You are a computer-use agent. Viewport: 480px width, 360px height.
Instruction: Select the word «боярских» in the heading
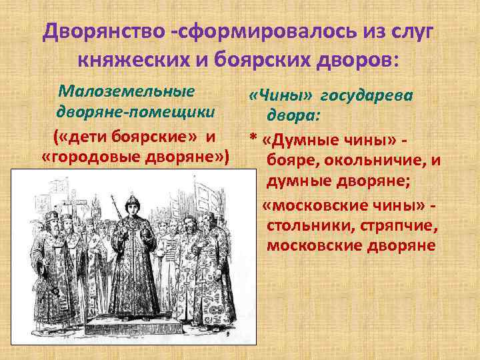pos(267,61)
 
